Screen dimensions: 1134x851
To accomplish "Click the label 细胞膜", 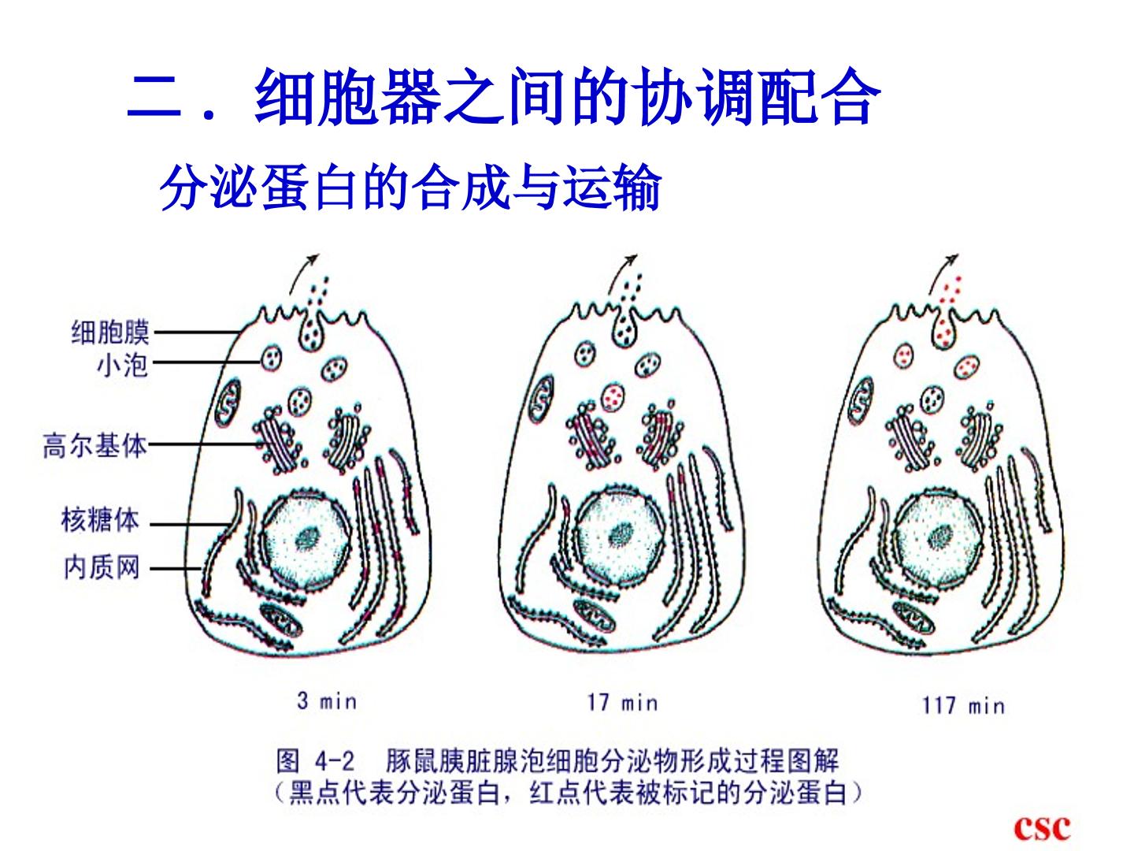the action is click(110, 333).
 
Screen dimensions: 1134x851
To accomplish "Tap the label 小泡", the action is click(122, 366).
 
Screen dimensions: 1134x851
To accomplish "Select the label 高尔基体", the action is click(95, 445).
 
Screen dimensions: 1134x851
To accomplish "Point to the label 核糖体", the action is click(100, 520).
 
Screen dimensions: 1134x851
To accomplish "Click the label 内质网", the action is click(102, 567).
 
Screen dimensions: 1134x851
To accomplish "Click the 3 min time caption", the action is click(327, 701).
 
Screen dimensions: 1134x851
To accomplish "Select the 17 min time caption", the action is click(623, 702).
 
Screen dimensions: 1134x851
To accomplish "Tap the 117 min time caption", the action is click(964, 705).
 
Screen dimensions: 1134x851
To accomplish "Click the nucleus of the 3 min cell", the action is click(306, 539).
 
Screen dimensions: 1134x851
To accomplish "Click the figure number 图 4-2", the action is click(316, 761).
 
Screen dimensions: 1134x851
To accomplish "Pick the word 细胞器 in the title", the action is click(348, 97).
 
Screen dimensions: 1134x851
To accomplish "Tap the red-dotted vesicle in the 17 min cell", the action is click(613, 397).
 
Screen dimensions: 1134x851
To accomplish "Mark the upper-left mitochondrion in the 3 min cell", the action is click(228, 402).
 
